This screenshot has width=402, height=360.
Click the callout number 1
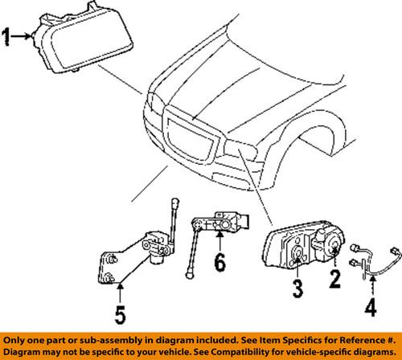click(x=7, y=36)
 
